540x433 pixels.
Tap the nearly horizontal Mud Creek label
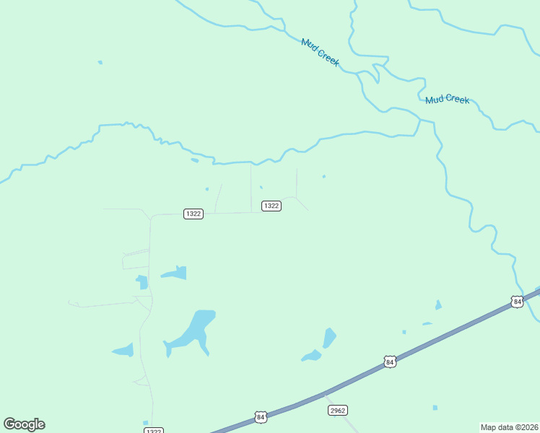pos(447,100)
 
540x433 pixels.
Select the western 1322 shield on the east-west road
pos(193,214)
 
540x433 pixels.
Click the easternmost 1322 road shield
pos(271,206)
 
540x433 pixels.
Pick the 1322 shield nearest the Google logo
pos(153,431)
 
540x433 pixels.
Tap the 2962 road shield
pos(338,410)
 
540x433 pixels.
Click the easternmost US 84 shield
pos(516,301)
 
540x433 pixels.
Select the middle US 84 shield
pos(390,362)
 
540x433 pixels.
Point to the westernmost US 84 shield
pos(261,417)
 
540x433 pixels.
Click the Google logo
pos(24,424)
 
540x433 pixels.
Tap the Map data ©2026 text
pos(509,427)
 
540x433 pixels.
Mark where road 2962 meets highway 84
pos(323,394)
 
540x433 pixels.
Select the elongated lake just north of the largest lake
pos(175,273)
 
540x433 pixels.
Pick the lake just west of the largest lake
pos(123,351)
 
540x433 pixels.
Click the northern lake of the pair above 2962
pos(330,337)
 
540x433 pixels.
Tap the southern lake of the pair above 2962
pos(312,356)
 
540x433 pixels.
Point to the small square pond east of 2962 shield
pos(435,408)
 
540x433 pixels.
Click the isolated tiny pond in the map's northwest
pos(100,62)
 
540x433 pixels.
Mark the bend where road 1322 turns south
pos(151,216)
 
